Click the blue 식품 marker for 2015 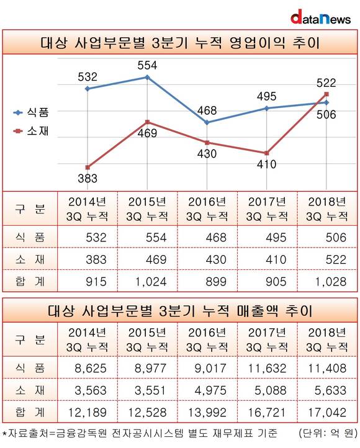(148, 77)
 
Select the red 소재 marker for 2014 (88, 167)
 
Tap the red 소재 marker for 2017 (266, 153)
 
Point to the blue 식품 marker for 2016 (207, 123)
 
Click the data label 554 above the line (148, 65)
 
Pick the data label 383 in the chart (88, 179)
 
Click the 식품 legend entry (32, 112)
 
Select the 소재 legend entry (32, 131)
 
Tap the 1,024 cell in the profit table (151, 282)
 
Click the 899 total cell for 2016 (216, 282)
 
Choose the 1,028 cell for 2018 (331, 282)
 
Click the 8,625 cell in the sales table (91, 369)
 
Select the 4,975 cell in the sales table (210, 390)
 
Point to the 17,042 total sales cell (327, 412)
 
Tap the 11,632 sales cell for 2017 (267, 369)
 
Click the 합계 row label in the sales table (30, 412)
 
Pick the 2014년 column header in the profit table (88, 209)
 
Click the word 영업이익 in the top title (257, 43)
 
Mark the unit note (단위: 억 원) (328, 433)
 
